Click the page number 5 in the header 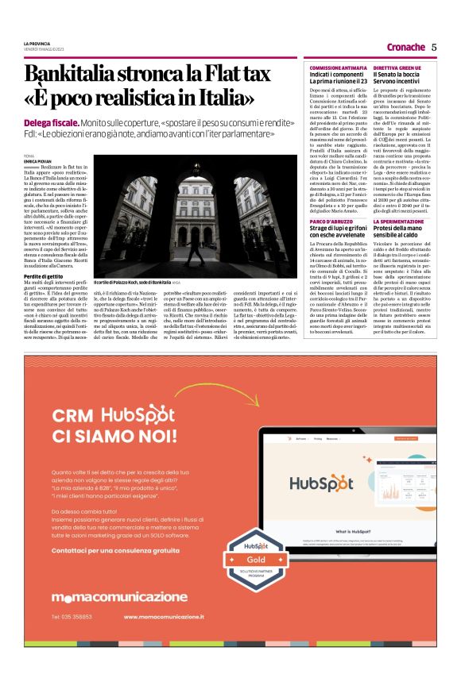(x=434, y=47)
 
